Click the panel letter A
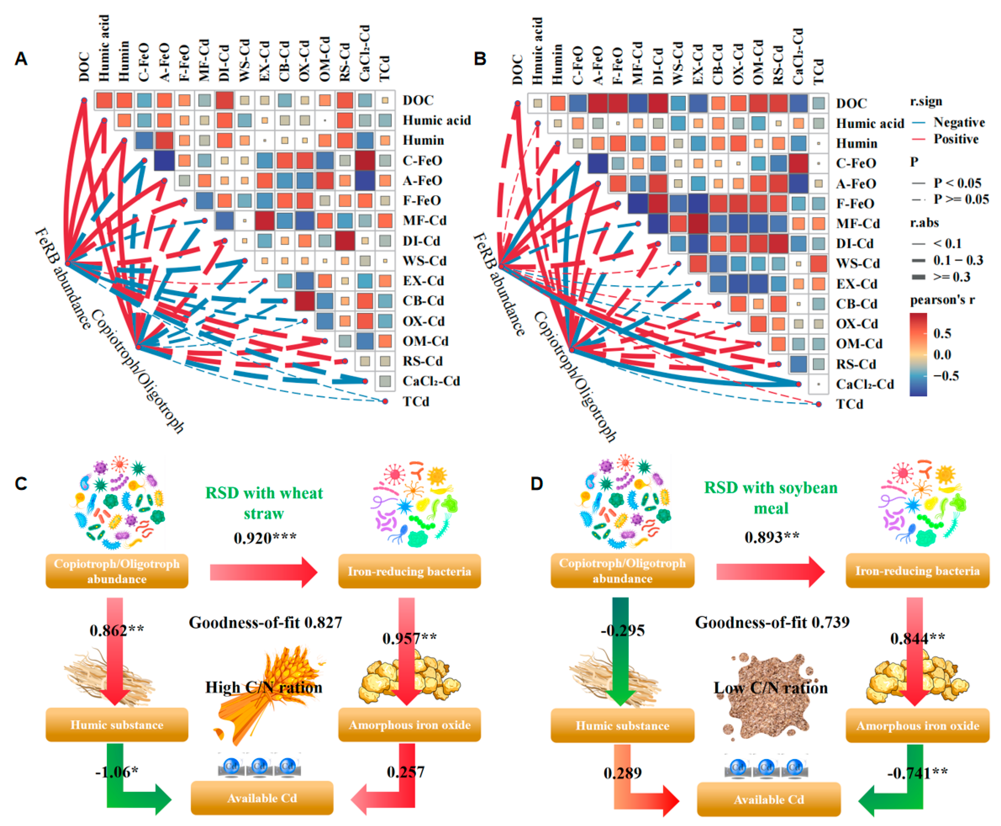pos(21,59)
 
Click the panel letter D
pos(537,484)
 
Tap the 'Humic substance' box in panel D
pos(622,726)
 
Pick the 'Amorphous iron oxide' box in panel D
pos(917,726)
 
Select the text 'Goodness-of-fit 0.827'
pos(265,622)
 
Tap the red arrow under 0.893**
pos(770,571)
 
